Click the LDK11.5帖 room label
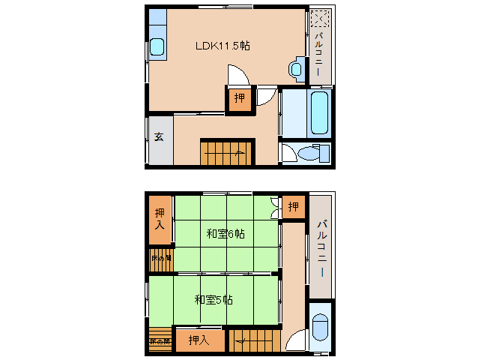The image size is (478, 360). pyautogui.click(x=223, y=45)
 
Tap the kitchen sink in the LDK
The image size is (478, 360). pyautogui.click(x=157, y=47)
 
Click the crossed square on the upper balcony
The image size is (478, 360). pyautogui.click(x=319, y=19)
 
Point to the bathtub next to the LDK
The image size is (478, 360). pyautogui.click(x=319, y=112)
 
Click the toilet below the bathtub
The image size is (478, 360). pyautogui.click(x=308, y=153)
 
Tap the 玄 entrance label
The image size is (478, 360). pyautogui.click(x=160, y=137)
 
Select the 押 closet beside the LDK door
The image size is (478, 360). pyautogui.click(x=239, y=98)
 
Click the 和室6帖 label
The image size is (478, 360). pyautogui.click(x=226, y=234)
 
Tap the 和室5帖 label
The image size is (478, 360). pyautogui.click(x=214, y=300)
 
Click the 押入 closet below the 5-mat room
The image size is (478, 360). pyautogui.click(x=199, y=340)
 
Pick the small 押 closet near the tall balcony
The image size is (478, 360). pyautogui.click(x=294, y=206)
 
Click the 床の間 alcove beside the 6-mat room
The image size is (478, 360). pyautogui.click(x=160, y=259)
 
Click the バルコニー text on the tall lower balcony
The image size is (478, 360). pyautogui.click(x=321, y=248)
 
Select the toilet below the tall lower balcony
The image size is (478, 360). pyautogui.click(x=319, y=327)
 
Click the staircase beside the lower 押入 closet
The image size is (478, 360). pyautogui.click(x=254, y=340)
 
